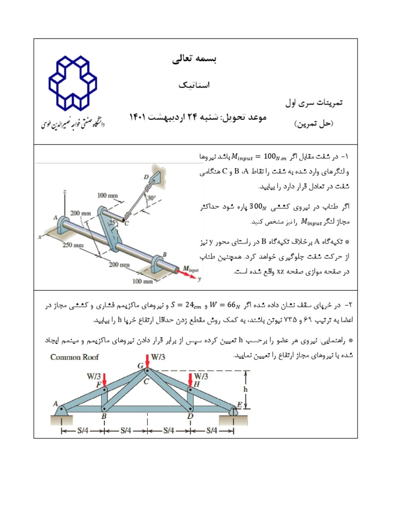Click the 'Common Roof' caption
(x=75, y=357)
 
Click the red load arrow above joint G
(x=148, y=361)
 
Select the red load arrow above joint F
(x=104, y=380)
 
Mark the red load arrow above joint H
(x=190, y=380)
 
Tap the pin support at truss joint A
(x=61, y=410)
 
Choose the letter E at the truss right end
(x=239, y=405)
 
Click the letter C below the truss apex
(x=147, y=381)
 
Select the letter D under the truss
(x=190, y=416)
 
